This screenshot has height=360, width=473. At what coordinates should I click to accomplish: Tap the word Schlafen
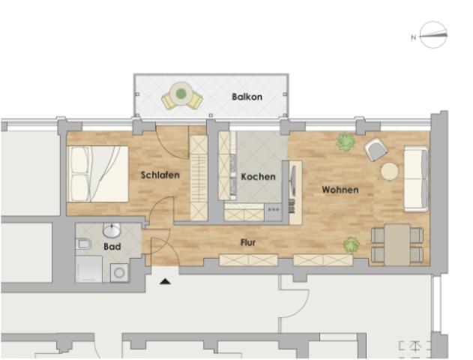[x=160, y=175]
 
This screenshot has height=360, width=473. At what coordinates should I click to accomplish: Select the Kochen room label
[x=258, y=177]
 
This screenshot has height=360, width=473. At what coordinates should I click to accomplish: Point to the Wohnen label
[x=340, y=190]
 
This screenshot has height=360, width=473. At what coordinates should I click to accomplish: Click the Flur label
[x=248, y=243]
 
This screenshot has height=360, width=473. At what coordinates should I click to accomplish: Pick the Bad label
[x=112, y=247]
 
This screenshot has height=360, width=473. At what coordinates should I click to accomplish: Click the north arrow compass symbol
[x=433, y=35]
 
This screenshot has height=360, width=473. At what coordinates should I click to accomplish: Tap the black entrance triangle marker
[x=166, y=280]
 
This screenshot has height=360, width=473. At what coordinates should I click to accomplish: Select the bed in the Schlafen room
[x=98, y=173]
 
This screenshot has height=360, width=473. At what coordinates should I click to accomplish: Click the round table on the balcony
[x=181, y=94]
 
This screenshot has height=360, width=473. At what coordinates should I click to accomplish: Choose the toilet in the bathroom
[x=85, y=245]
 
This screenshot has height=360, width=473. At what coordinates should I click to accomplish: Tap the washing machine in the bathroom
[x=119, y=273]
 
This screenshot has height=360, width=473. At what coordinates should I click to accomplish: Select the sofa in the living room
[x=415, y=178]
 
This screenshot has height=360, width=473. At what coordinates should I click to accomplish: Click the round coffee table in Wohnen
[x=389, y=171]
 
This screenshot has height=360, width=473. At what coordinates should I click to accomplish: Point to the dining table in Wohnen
[x=397, y=244]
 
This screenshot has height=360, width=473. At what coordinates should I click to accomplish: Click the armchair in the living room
[x=376, y=149]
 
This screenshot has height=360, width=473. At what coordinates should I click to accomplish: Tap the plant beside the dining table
[x=351, y=244]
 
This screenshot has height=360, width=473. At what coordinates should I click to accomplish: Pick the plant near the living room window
[x=345, y=142]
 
